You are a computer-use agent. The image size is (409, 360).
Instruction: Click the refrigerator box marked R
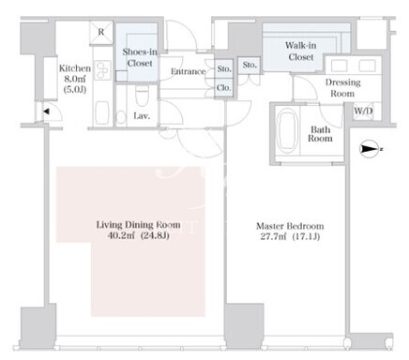[101, 33]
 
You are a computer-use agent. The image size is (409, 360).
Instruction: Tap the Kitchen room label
[75, 68]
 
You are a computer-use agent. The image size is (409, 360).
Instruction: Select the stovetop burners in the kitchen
[103, 70]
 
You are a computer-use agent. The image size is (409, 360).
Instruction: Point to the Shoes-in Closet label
[140, 57]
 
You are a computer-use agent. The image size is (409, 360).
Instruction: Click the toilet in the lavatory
[142, 96]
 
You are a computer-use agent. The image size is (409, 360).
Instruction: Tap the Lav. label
[142, 116]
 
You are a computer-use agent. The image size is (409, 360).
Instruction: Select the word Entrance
[188, 71]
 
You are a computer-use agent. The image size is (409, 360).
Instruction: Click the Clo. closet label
[224, 88]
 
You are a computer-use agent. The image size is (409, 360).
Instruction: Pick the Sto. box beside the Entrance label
[224, 68]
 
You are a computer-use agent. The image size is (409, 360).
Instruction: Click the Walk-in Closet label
[301, 52]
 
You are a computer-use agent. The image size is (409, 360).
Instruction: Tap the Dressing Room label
[342, 88]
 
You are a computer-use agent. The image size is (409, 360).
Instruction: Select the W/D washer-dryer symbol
[363, 111]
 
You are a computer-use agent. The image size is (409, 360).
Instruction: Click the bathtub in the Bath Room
[287, 131]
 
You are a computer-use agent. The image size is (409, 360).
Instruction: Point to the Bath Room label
[320, 134]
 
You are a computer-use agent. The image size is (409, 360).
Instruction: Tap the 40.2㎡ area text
[121, 235]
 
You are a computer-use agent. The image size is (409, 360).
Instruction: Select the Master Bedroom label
[290, 226]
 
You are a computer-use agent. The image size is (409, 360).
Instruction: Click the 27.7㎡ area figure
[273, 236]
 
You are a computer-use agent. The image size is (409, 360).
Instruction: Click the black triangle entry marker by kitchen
[47, 111]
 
